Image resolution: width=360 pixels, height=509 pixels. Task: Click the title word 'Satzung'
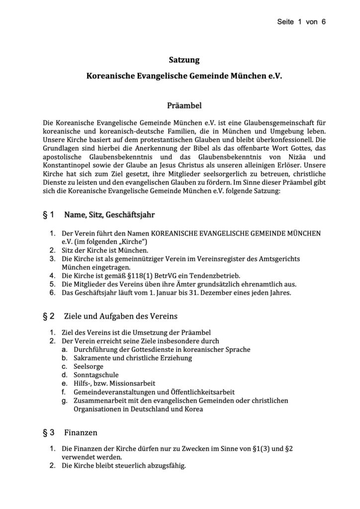pos(184,60)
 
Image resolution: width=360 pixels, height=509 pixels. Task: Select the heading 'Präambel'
pos(184,105)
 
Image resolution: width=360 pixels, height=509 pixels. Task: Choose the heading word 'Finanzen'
pos(81,432)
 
